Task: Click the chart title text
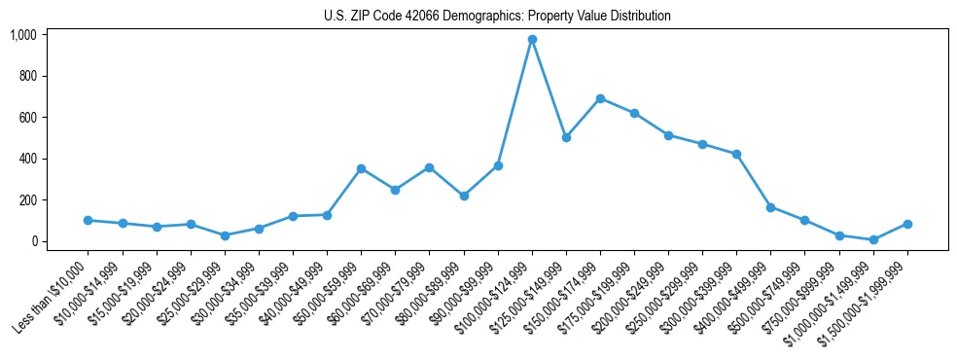pyautogui.click(x=497, y=17)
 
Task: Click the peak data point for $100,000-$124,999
pyautogui.click(x=532, y=39)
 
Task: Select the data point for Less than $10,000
pyautogui.click(x=89, y=220)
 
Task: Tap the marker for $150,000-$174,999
pyautogui.click(x=600, y=98)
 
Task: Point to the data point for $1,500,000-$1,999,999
pyautogui.click(x=907, y=224)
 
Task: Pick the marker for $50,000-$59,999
pyautogui.click(x=361, y=168)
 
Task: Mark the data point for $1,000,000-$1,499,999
pyautogui.click(x=873, y=239)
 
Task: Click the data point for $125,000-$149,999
pyautogui.click(x=566, y=137)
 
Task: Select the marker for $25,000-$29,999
pyautogui.click(x=225, y=235)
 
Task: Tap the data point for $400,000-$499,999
pyautogui.click(x=770, y=207)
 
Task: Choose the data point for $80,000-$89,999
pyautogui.click(x=464, y=196)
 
